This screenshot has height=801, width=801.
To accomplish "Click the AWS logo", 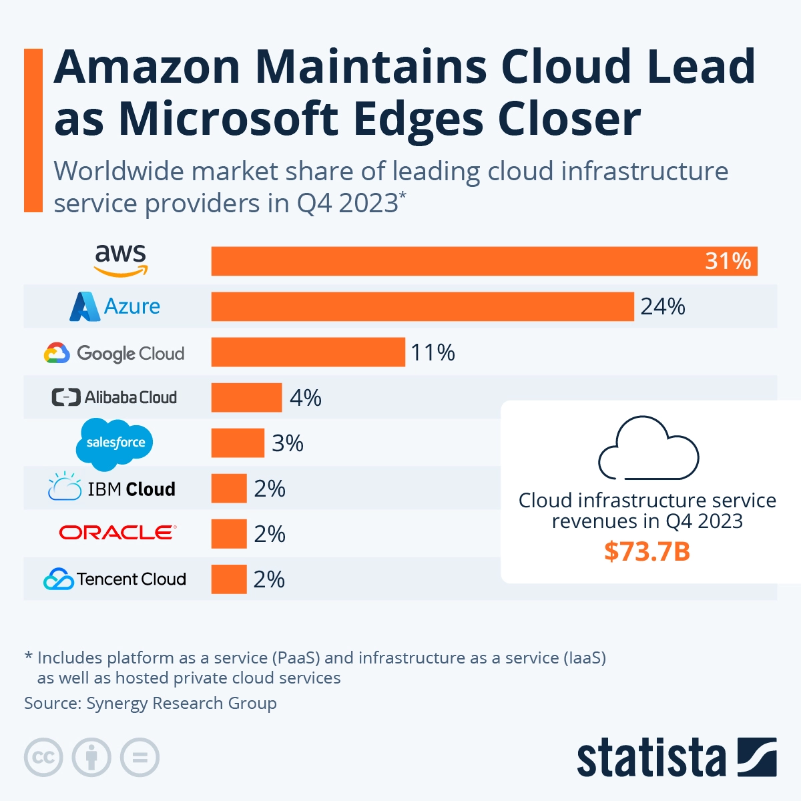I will [x=121, y=260].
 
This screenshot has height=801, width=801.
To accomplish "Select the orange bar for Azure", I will [x=422, y=306].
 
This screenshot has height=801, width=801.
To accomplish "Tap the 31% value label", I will [x=728, y=261].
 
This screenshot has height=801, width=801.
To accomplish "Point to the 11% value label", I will [x=433, y=352].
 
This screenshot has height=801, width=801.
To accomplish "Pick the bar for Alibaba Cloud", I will [x=246, y=398].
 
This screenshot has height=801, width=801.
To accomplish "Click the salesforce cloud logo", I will [x=115, y=443].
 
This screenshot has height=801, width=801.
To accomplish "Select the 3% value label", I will [x=288, y=443].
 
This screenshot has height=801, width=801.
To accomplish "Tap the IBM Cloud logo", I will [x=112, y=488].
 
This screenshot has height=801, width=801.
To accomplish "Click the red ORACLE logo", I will [x=117, y=533].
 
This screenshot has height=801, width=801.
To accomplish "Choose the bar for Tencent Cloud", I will [x=229, y=579].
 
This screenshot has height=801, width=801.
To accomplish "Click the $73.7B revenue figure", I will [x=647, y=551].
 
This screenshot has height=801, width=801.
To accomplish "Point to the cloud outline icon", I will [x=648, y=448].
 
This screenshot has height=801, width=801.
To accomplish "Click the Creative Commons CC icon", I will [x=43, y=758].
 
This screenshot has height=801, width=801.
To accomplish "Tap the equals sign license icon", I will [x=140, y=758].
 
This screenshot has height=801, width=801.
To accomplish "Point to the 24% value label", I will [x=663, y=306].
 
